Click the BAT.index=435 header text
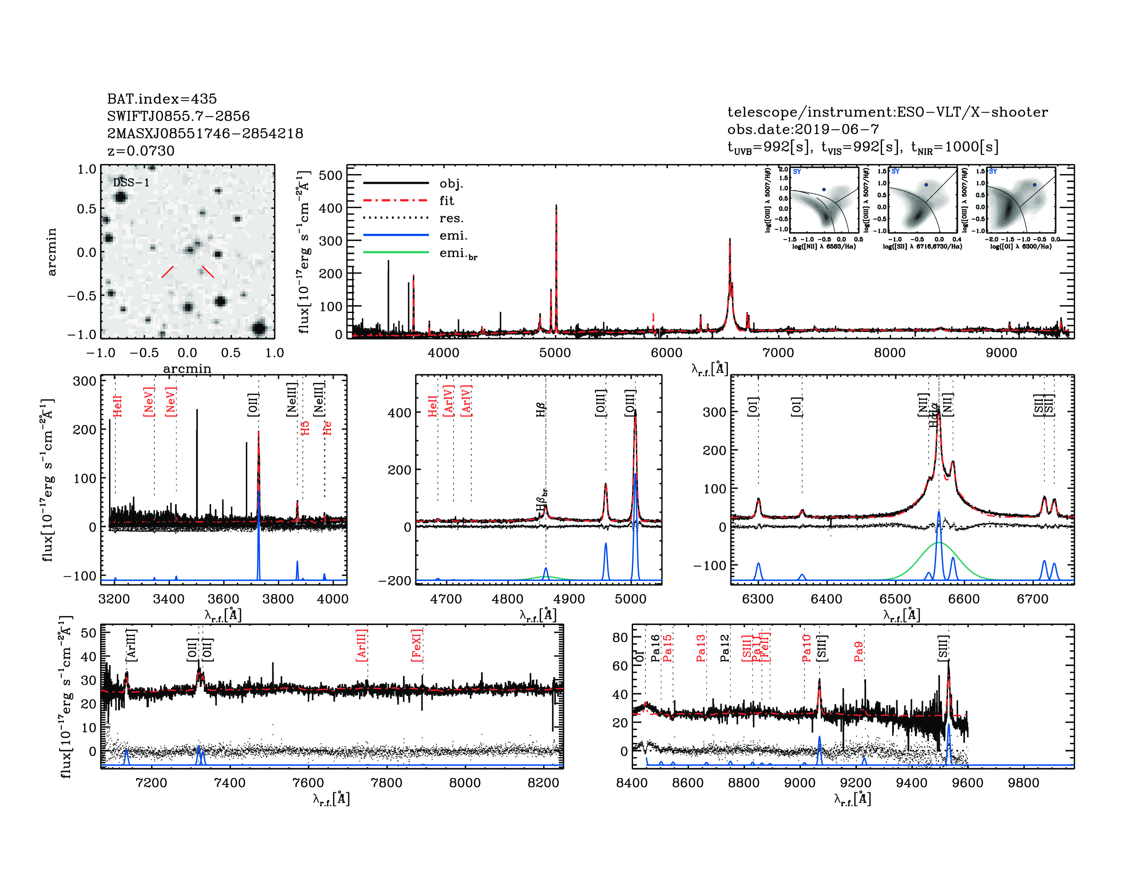click(161, 99)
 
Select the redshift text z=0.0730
click(141, 151)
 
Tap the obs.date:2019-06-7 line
click(803, 129)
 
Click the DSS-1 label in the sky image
click(131, 183)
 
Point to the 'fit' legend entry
click(447, 200)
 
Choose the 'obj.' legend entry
click(451, 183)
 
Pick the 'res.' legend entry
click(451, 218)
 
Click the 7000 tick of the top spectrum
click(778, 353)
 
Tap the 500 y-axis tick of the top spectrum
click(331, 175)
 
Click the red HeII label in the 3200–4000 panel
click(117, 406)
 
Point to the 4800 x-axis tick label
click(507, 599)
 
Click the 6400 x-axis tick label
click(827, 599)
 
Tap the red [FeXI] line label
click(417, 645)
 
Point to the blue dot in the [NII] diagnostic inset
click(824, 189)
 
